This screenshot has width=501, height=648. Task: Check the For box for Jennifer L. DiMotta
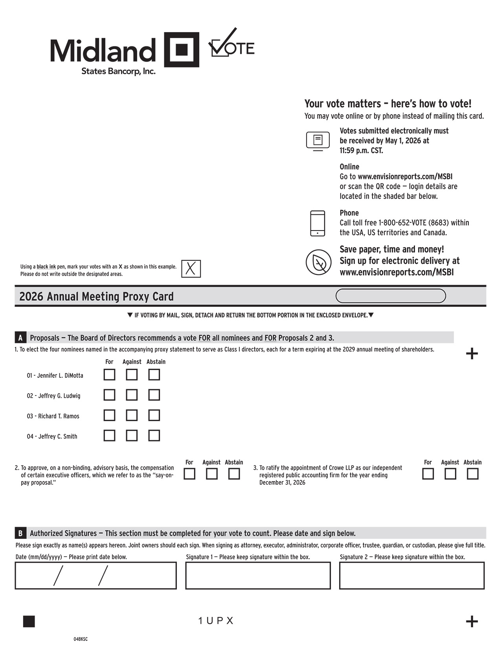click(x=109, y=375)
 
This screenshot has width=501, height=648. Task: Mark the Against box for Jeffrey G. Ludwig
click(x=132, y=395)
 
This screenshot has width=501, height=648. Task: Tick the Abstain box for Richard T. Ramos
click(x=154, y=415)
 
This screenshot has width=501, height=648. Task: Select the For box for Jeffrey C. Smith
click(x=109, y=436)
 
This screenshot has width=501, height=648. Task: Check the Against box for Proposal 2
click(x=212, y=474)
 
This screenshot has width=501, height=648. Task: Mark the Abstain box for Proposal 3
click(x=472, y=474)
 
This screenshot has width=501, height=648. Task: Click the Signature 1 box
click(x=258, y=575)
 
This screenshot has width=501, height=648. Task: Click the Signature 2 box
click(x=412, y=575)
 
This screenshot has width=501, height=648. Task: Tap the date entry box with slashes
click(x=95, y=575)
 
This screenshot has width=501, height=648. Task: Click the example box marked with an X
click(x=191, y=269)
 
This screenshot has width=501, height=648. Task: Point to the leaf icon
click(x=318, y=262)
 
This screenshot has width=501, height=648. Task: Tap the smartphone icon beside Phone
click(x=317, y=223)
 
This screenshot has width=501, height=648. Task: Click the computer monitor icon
click(x=318, y=141)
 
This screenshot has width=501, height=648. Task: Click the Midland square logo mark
click(x=181, y=49)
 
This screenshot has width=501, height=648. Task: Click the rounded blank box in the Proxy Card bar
click(x=391, y=296)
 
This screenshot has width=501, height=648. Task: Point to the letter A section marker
click(x=20, y=338)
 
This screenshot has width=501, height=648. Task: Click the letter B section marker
click(x=20, y=533)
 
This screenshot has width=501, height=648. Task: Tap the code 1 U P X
click(x=216, y=621)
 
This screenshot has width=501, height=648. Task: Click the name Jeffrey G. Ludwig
click(x=53, y=396)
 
